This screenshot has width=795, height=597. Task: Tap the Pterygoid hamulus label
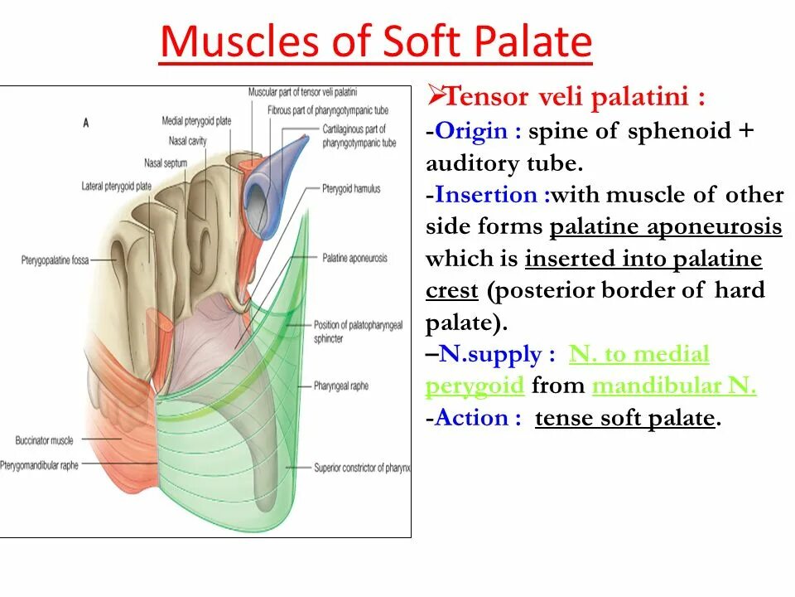[x=351, y=189]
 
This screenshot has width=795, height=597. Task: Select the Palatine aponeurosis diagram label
[x=354, y=258]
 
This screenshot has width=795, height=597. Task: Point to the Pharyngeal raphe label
[x=340, y=386]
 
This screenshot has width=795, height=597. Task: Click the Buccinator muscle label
[x=44, y=440]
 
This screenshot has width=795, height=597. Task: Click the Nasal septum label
[x=165, y=163]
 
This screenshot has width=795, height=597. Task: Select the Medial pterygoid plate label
[x=196, y=122]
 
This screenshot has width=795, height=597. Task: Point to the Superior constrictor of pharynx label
[x=362, y=468]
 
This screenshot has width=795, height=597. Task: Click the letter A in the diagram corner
[x=85, y=123]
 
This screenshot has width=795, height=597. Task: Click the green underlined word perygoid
[x=475, y=386]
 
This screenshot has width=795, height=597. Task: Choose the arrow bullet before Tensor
[x=436, y=96]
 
